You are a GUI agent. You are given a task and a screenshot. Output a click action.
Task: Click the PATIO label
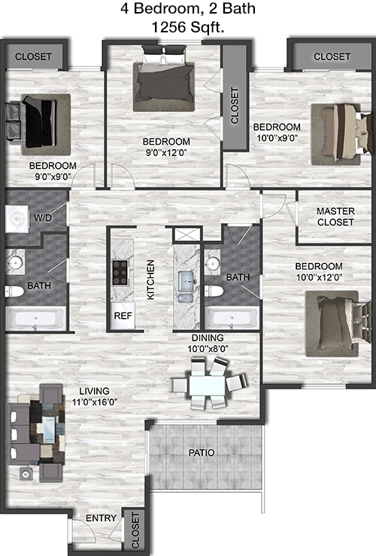pyautogui.click(x=202, y=453)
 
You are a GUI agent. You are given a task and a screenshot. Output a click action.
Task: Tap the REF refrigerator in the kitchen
pyautogui.click(x=123, y=315)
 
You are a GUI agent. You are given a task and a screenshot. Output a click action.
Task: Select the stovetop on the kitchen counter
pyautogui.click(x=120, y=273)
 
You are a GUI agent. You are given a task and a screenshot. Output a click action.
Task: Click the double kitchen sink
pyautogui.click(x=185, y=286)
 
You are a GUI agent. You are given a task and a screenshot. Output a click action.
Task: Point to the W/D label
pyautogui.click(x=43, y=218)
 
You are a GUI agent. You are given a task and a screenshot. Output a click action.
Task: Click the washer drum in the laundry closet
pyautogui.click(x=17, y=219)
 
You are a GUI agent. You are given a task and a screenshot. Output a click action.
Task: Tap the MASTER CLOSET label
pyautogui.click(x=335, y=217)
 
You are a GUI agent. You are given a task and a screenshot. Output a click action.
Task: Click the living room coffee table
pyautogui.click(x=49, y=430)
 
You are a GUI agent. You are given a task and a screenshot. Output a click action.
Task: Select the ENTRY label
pyautogui.click(x=101, y=518)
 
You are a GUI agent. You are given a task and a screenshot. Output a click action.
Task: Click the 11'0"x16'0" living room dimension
pyautogui.click(x=95, y=402)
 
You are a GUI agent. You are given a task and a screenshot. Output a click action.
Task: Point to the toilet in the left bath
pyautogui.click(x=14, y=292)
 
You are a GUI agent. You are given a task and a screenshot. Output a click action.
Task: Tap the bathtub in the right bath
pyautogui.click(x=232, y=318)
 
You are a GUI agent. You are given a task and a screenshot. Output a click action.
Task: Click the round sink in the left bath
pyautogui.click(x=15, y=262)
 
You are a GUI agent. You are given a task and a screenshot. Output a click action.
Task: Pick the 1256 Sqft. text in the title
pyautogui.click(x=188, y=27)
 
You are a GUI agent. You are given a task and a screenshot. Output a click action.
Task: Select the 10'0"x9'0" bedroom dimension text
pyautogui.click(x=277, y=138)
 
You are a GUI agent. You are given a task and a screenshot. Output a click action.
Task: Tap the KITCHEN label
pyautogui.click(x=150, y=280)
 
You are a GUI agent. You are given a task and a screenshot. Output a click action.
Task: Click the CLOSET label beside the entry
pyautogui.click(x=135, y=530)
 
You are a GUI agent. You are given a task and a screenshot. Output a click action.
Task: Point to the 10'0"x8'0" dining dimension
pyautogui.click(x=208, y=349)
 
